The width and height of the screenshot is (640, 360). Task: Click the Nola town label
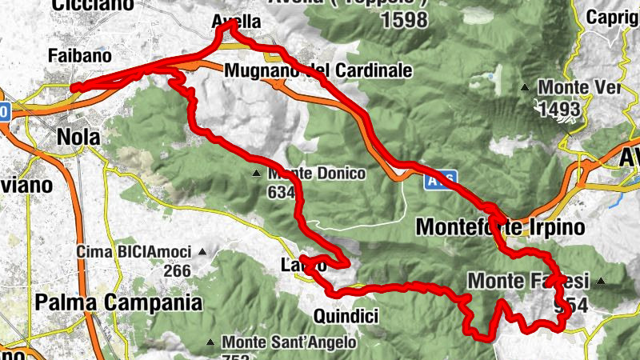pyautogui.click(x=78, y=137)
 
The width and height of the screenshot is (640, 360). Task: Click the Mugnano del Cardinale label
pyautogui.click(x=318, y=70)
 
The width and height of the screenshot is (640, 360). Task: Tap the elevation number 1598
pyautogui.click(x=405, y=21)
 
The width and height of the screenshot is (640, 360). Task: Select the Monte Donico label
pyautogui.click(x=317, y=173)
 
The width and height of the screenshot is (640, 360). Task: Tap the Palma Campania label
pyautogui.click(x=119, y=302)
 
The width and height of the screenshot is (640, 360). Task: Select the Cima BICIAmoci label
pyautogui.click(x=134, y=252)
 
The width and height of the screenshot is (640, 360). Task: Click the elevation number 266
pyautogui.click(x=177, y=270)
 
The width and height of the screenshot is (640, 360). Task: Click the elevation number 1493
pyautogui.click(x=560, y=110)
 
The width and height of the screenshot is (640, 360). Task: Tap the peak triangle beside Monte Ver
pyautogui.click(x=526, y=87)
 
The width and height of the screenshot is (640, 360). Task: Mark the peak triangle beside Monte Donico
pyautogui.click(x=255, y=174)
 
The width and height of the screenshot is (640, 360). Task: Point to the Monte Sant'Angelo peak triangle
pyautogui.click(x=210, y=342)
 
